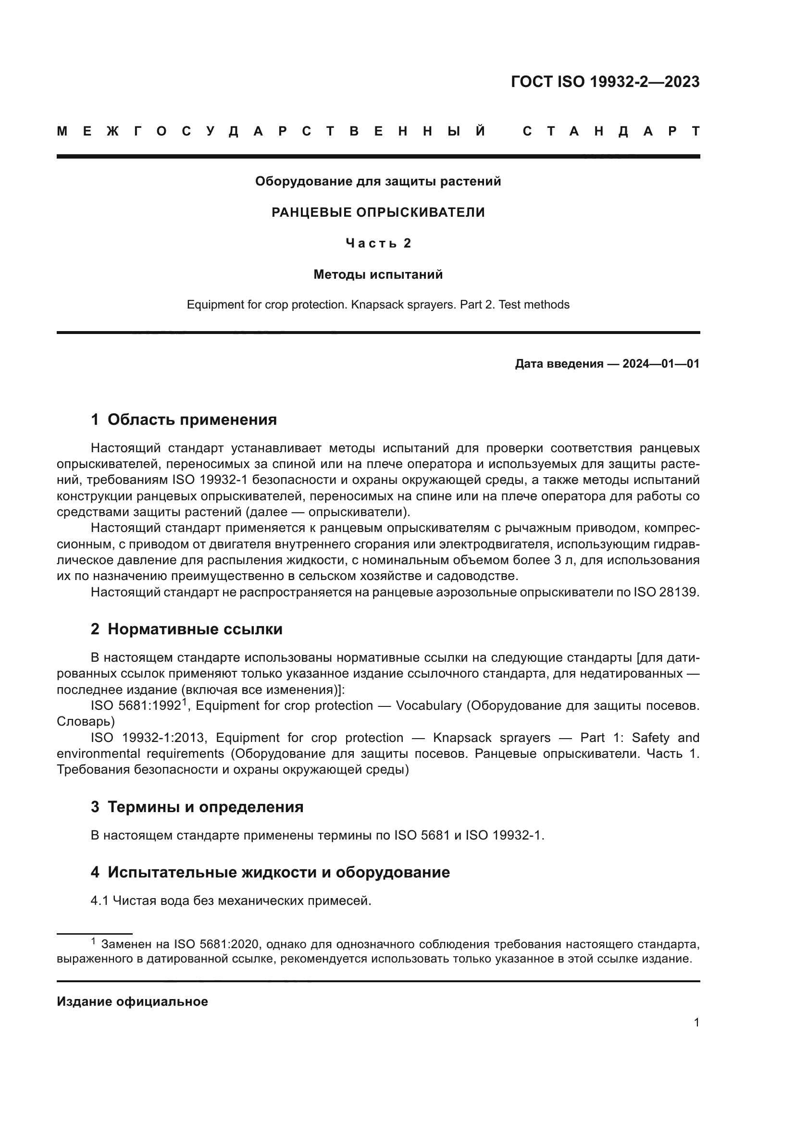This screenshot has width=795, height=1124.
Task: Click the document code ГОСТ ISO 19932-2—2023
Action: click(x=605, y=82)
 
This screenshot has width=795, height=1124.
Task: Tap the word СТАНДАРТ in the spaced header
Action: click(x=611, y=132)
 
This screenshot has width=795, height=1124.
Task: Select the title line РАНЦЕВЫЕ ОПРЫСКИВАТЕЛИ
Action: click(x=378, y=212)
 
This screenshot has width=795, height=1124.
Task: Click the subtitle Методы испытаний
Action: click(x=378, y=275)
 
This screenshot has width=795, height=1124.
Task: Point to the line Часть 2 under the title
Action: click(x=378, y=243)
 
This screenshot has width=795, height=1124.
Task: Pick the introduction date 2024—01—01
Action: click(x=661, y=364)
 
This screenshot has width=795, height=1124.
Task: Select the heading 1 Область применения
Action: click(x=184, y=420)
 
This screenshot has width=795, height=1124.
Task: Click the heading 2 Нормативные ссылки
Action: click(x=186, y=629)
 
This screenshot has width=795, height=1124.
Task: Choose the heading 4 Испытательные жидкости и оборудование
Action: click(x=270, y=872)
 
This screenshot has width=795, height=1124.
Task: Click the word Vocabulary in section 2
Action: click(x=428, y=706)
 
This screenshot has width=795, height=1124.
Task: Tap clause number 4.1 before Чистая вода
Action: click(x=99, y=901)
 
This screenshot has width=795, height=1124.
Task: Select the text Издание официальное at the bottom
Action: click(x=132, y=1001)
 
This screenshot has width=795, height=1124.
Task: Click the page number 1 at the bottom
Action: click(x=696, y=1023)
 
